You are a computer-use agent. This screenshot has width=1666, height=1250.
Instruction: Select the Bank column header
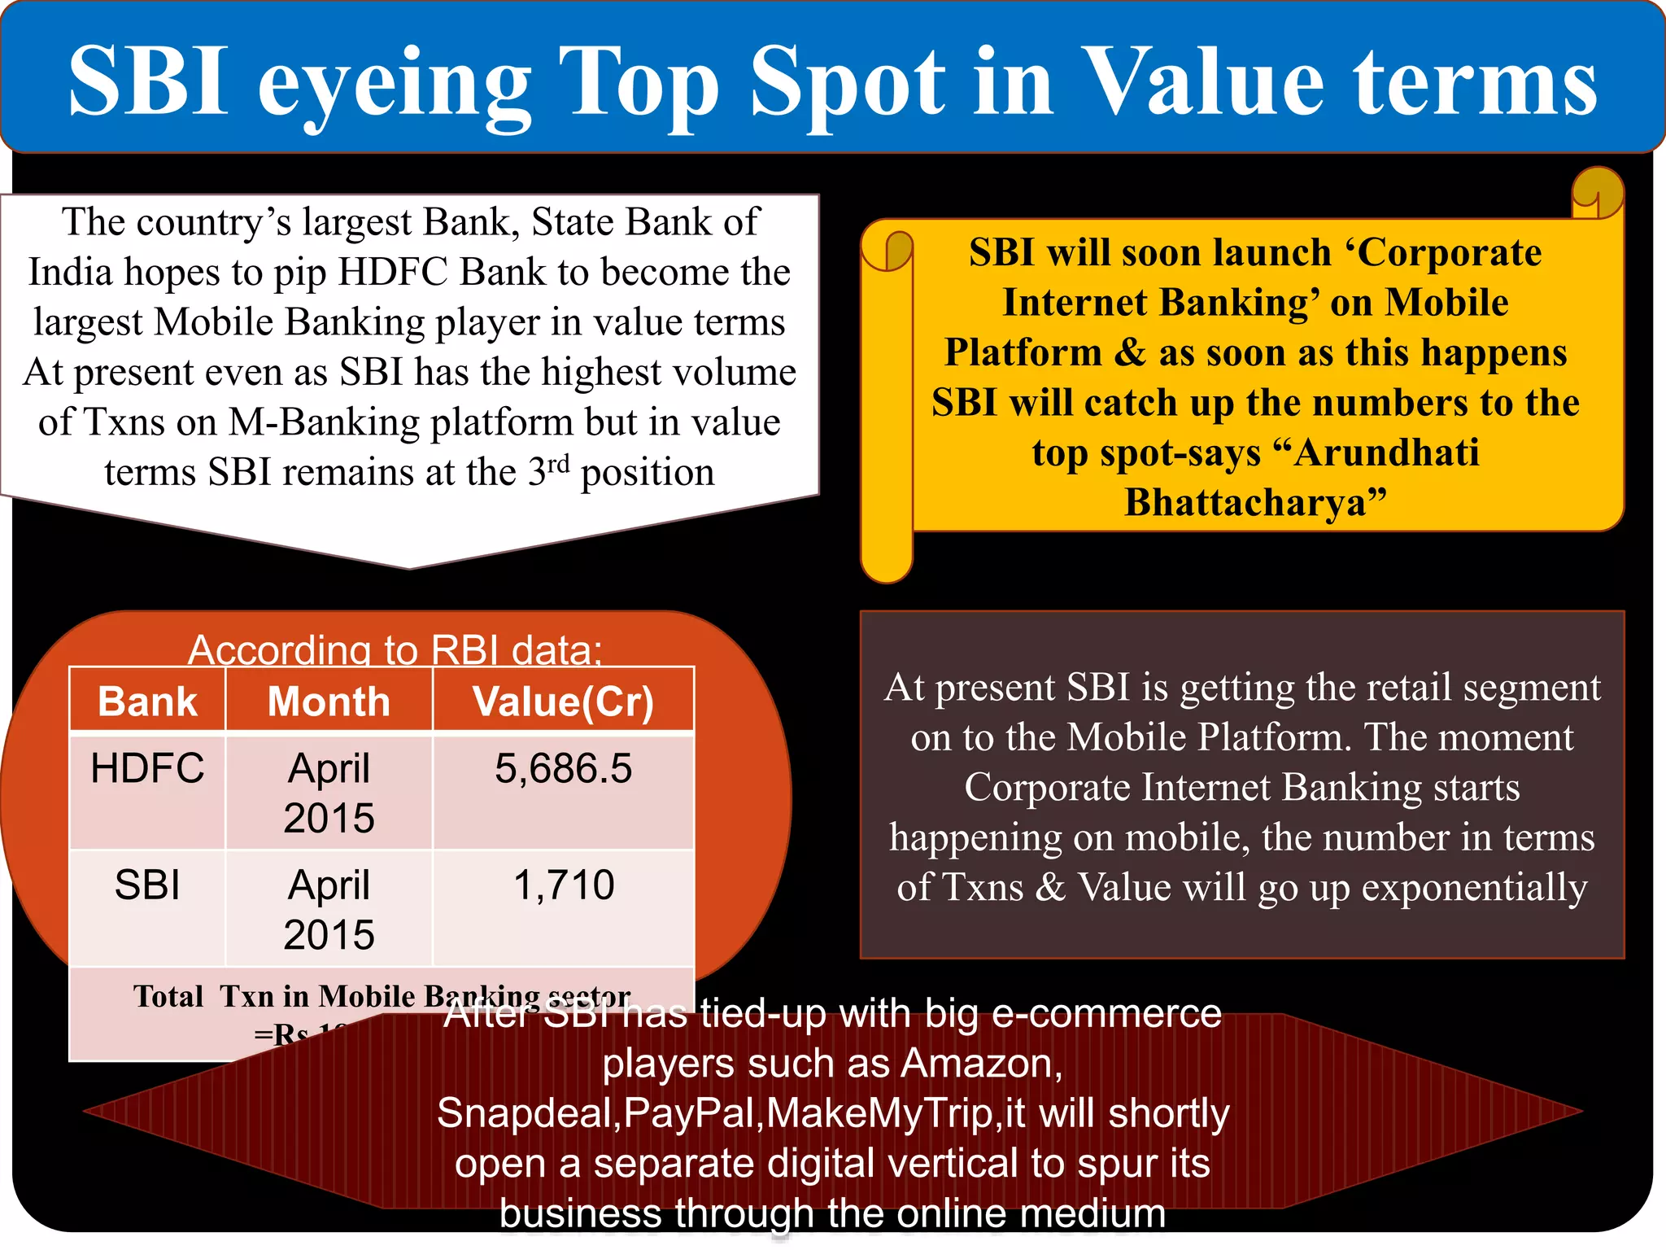[147, 701]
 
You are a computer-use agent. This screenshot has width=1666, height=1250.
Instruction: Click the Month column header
[329, 701]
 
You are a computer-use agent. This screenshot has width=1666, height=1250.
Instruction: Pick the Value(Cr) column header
[563, 701]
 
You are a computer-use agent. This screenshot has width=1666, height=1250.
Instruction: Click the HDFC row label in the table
[147, 768]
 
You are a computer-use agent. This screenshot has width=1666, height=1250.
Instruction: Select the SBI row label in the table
[147, 885]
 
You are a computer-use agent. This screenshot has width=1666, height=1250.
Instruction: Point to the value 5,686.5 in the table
[563, 768]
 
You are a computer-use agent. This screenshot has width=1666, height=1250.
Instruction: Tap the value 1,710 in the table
[563, 885]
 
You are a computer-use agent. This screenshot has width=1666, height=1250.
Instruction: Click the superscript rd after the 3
[559, 465]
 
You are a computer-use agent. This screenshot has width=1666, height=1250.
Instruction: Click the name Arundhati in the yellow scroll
[1386, 452]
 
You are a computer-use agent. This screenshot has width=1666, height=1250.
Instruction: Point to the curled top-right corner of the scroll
[1596, 194]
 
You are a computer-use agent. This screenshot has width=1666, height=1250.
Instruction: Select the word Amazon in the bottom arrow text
[981, 1064]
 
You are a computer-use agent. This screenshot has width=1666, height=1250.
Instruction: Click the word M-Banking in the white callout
[323, 422]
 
